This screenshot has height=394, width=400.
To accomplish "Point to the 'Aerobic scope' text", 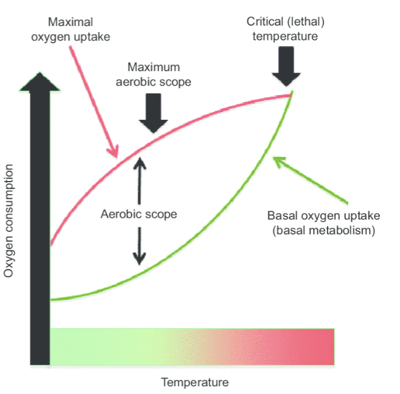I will pos(139,214).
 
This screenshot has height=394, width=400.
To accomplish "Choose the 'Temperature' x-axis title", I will pos(195,382).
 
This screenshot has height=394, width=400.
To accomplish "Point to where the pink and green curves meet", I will pos(291,93).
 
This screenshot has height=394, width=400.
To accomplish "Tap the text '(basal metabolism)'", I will pos(323,230).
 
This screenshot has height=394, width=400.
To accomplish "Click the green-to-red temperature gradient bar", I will pos(192,346).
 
